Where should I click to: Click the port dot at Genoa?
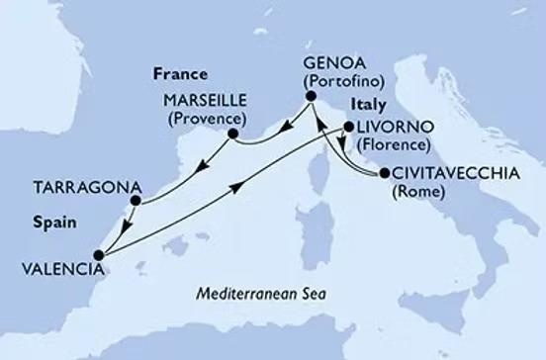(x=311, y=96)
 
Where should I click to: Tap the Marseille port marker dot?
(x=233, y=134)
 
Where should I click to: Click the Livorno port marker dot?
(x=347, y=127)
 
